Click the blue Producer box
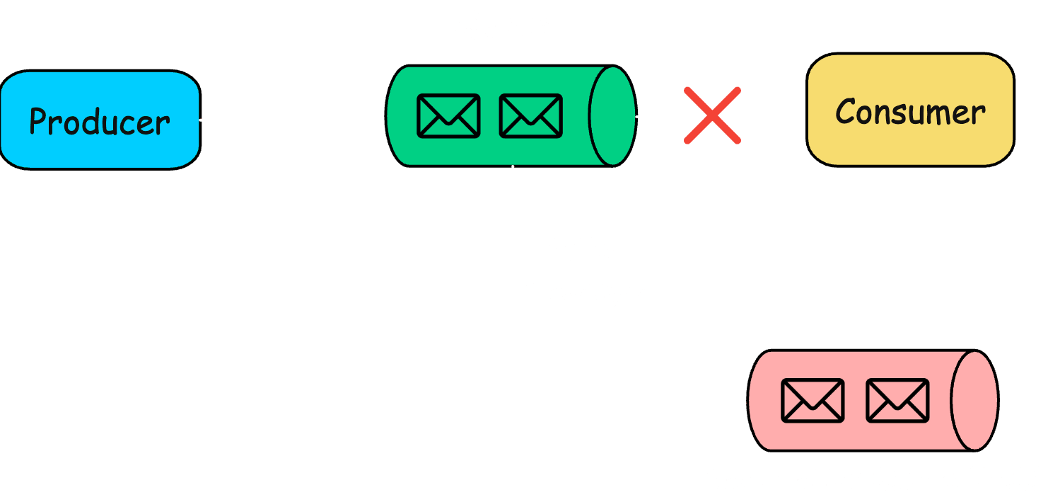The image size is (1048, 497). [x=100, y=120]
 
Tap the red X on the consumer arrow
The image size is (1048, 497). [x=712, y=115]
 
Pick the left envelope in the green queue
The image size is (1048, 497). [x=448, y=115]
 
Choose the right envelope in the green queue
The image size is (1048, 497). [x=530, y=115]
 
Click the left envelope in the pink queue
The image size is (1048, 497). [x=813, y=400]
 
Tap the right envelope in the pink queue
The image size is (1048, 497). [x=897, y=400]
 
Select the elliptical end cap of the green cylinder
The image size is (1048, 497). [x=613, y=115]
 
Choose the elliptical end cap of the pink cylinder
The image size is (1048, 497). [x=974, y=400]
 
